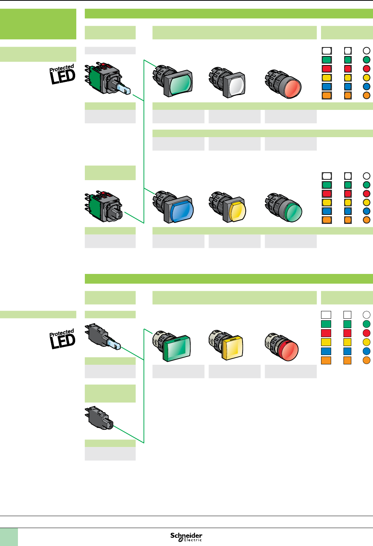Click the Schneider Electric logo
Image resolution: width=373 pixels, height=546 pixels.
point(186,537)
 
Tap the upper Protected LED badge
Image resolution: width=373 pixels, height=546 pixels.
point(62,75)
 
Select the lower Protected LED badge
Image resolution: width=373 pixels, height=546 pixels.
point(62,339)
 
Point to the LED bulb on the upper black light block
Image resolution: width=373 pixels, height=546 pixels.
point(114,343)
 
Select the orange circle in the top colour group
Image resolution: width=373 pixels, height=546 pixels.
point(367,95)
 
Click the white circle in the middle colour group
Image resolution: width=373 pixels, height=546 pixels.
point(367,176)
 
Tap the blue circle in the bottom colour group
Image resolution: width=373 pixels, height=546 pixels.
point(367,351)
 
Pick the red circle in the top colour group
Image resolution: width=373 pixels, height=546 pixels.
point(367,69)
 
